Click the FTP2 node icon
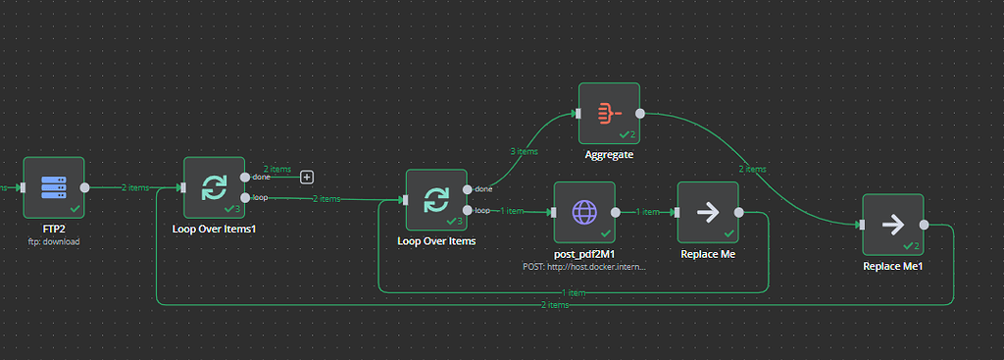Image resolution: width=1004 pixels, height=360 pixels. click(54, 186)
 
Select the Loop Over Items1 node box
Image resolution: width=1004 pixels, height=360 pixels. click(214, 186)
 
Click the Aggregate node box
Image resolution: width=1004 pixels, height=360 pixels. click(608, 113)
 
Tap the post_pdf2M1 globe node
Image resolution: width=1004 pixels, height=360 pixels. click(584, 212)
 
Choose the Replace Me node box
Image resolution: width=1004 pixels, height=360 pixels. click(707, 212)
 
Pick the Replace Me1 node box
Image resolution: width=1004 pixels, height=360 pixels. click(892, 225)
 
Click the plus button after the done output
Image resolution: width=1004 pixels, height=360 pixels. click(307, 177)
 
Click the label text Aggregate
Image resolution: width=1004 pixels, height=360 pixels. click(609, 155)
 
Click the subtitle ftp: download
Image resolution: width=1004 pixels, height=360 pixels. click(54, 240)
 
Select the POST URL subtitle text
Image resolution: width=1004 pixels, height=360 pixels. click(584, 266)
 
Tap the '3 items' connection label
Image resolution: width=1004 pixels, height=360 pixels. click(525, 152)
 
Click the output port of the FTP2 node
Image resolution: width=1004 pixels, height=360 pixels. click(85, 186)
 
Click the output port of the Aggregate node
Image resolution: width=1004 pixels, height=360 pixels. click(639, 113)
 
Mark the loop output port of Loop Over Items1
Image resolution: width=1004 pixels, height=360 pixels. click(245, 197)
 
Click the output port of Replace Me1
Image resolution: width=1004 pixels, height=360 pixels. click(924, 225)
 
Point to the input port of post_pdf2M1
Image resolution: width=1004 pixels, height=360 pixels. click(553, 212)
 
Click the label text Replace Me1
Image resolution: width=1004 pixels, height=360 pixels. click(892, 266)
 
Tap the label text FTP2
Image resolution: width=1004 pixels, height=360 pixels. click(54, 229)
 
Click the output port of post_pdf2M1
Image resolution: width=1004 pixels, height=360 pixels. click(615, 212)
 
